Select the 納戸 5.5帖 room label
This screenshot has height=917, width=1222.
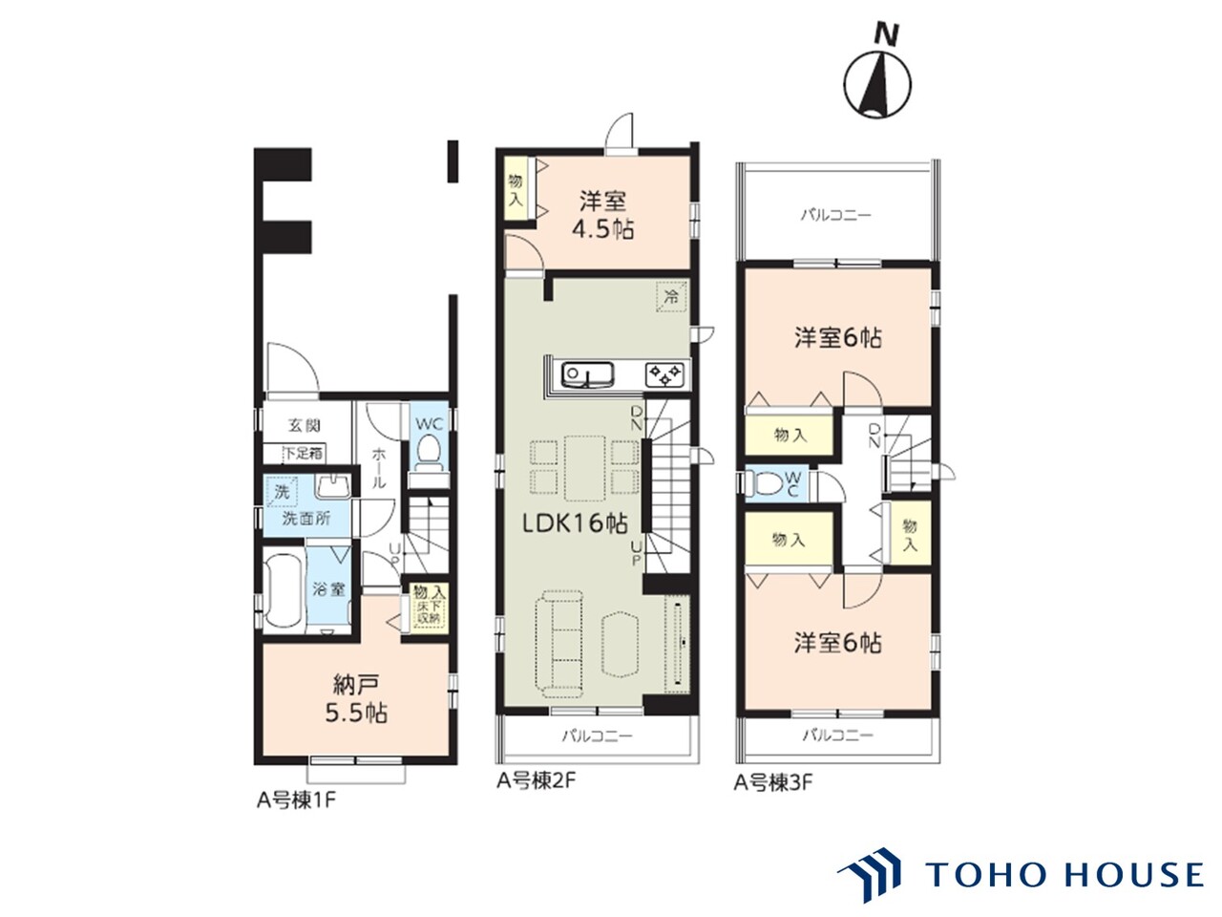(x=356, y=697)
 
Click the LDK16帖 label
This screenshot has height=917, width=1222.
(x=574, y=523)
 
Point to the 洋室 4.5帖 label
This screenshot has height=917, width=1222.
(x=603, y=215)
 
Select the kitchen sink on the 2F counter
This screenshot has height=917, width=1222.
(x=587, y=373)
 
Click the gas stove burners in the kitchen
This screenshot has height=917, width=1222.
(x=664, y=374)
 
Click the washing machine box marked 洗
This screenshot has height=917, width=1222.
(x=281, y=492)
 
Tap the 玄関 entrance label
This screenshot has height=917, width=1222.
(x=305, y=426)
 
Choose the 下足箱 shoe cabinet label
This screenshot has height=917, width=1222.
(x=304, y=453)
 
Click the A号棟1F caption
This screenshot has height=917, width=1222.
(x=296, y=800)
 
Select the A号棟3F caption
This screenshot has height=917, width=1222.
(x=772, y=783)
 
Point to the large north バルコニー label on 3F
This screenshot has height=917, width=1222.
(x=836, y=214)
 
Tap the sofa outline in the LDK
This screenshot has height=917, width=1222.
(x=558, y=645)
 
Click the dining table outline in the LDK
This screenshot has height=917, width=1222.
(x=584, y=468)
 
